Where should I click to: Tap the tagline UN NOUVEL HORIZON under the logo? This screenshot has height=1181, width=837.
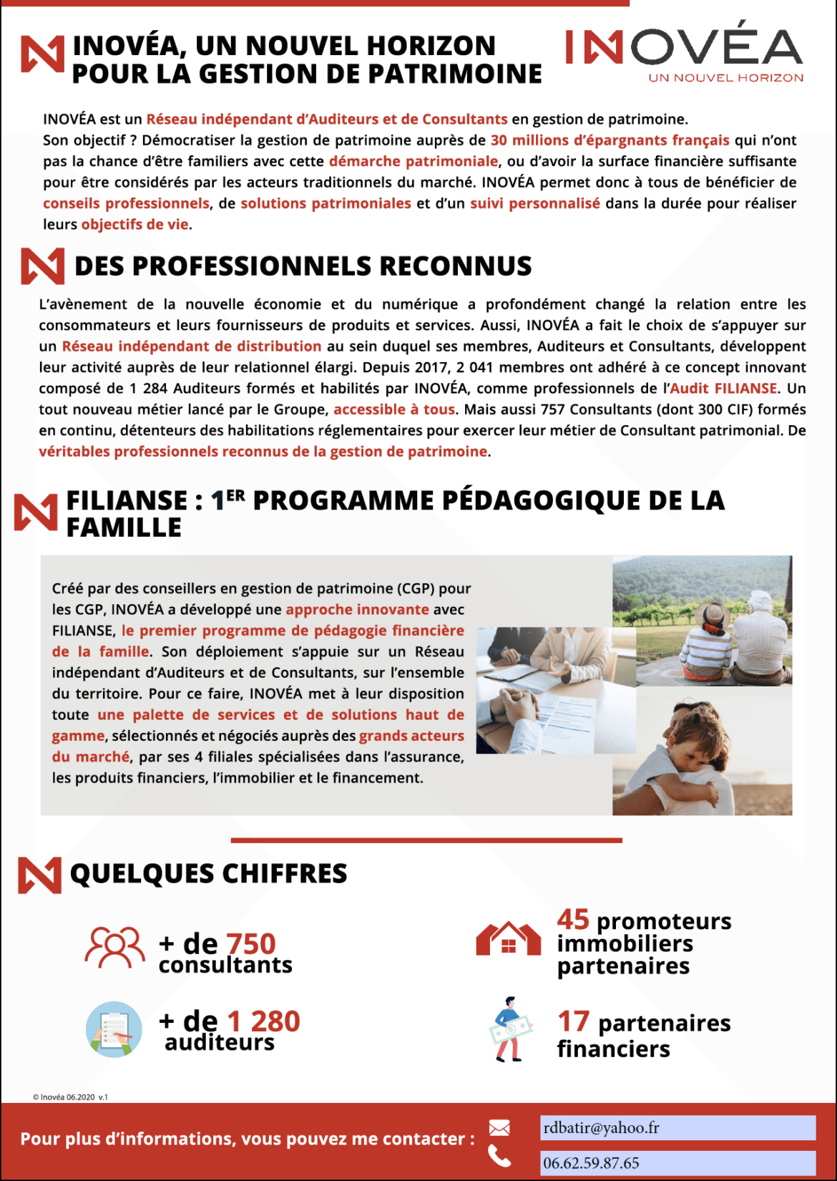tap(725, 78)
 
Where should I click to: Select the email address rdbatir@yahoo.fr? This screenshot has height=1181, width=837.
tap(601, 1128)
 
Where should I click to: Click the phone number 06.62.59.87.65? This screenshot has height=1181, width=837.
tap(591, 1163)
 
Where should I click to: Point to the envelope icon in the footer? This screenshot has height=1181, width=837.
tap(499, 1128)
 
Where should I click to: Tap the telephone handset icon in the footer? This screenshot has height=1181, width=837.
tap(499, 1155)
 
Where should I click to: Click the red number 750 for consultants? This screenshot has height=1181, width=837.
tap(250, 944)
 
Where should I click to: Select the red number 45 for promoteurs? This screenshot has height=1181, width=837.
tap(573, 920)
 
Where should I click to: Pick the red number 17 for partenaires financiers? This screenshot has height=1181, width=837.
tap(573, 1021)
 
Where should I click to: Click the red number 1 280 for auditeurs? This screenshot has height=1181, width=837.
tap(263, 1021)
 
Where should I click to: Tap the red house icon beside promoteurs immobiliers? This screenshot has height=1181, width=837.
tap(508, 938)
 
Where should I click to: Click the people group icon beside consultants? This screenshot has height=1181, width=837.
tap(114, 948)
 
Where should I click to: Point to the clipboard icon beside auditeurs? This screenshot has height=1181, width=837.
tap(114, 1029)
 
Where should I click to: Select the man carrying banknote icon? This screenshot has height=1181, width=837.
tap(510, 1029)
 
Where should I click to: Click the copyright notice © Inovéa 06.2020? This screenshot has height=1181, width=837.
tap(70, 1097)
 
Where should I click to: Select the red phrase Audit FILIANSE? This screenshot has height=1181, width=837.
tap(723, 389)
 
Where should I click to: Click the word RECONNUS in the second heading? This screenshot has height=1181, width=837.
tap(455, 266)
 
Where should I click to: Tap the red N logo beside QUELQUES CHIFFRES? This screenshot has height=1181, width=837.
tap(39, 875)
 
